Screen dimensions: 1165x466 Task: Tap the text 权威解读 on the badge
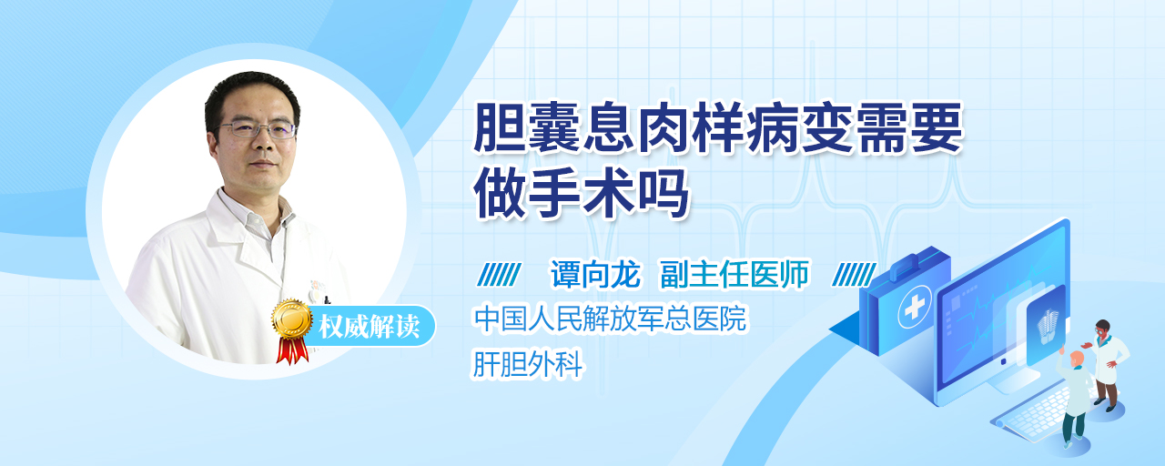pos(369,327)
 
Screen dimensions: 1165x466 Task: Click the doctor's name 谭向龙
pos(595,274)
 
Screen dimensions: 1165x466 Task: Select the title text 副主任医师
pos(734,274)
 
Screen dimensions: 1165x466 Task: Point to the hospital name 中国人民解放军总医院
pos(610,319)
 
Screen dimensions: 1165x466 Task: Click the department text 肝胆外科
pos(527,363)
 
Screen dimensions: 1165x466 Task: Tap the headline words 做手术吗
pos(581,192)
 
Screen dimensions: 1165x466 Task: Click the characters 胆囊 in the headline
pos(527,127)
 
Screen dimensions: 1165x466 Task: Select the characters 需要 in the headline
pos(910,127)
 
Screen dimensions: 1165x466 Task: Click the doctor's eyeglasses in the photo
pos(256,128)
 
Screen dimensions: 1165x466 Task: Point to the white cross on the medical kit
pos(914,308)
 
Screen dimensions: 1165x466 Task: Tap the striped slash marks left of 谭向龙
pos(499,275)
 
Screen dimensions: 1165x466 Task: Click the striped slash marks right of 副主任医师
pos(854,275)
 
